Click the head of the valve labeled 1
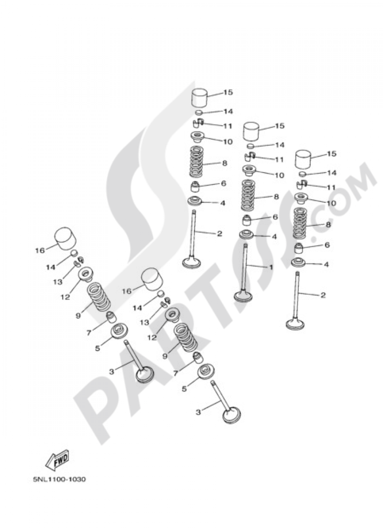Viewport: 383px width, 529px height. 244,297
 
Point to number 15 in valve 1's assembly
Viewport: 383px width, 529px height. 280,126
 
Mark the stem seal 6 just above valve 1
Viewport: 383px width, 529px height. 247,220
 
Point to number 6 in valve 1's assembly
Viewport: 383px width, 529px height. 275,217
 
